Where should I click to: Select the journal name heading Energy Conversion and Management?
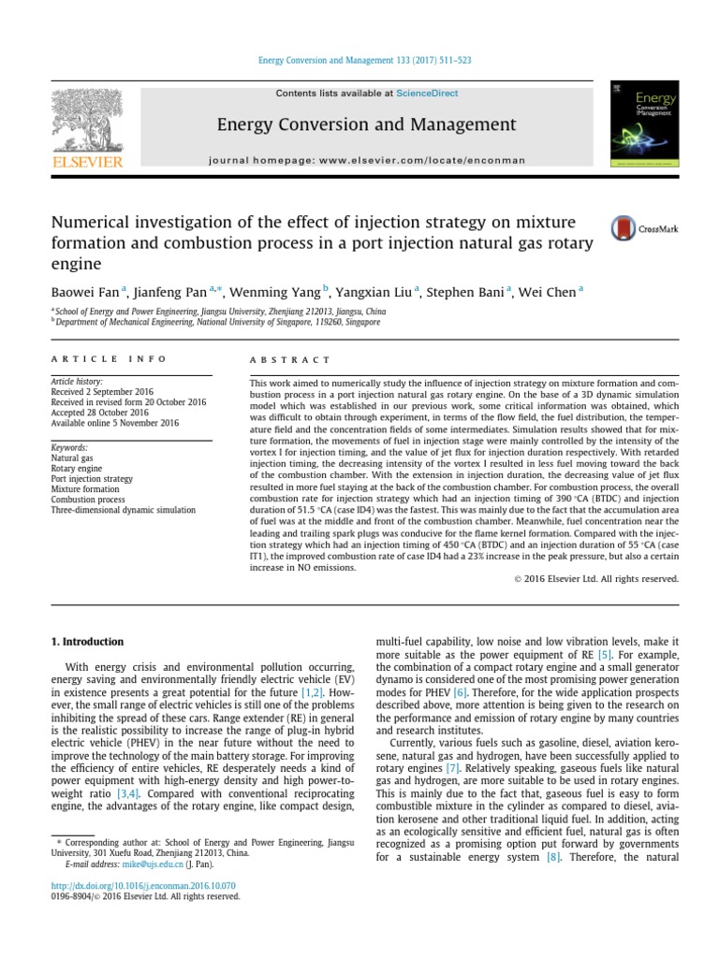click(366, 124)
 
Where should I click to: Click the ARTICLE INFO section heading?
click(109, 359)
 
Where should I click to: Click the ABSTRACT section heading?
click(289, 359)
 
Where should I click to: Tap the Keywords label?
click(70, 448)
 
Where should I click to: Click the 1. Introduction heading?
click(85, 642)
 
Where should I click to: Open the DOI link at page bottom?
click(141, 885)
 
